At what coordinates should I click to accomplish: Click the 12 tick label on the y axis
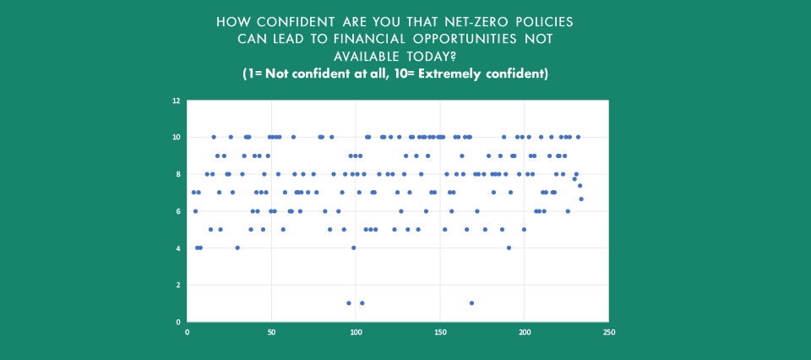(x=176, y=101)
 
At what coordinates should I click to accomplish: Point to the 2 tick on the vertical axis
(x=177, y=285)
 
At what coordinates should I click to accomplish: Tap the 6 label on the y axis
(x=177, y=211)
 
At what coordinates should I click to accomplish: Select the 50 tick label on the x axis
(x=271, y=332)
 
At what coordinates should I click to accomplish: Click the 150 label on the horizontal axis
(x=440, y=332)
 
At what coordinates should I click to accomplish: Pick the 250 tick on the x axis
(x=609, y=332)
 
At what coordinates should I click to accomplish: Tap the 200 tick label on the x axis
(x=525, y=332)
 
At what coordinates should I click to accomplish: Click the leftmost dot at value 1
(x=349, y=303)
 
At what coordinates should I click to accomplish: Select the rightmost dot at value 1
(x=471, y=303)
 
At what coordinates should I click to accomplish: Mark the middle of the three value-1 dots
(x=362, y=303)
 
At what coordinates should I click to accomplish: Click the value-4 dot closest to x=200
(x=509, y=248)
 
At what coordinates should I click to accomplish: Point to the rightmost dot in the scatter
(x=581, y=199)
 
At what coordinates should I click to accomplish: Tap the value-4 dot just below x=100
(x=354, y=248)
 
